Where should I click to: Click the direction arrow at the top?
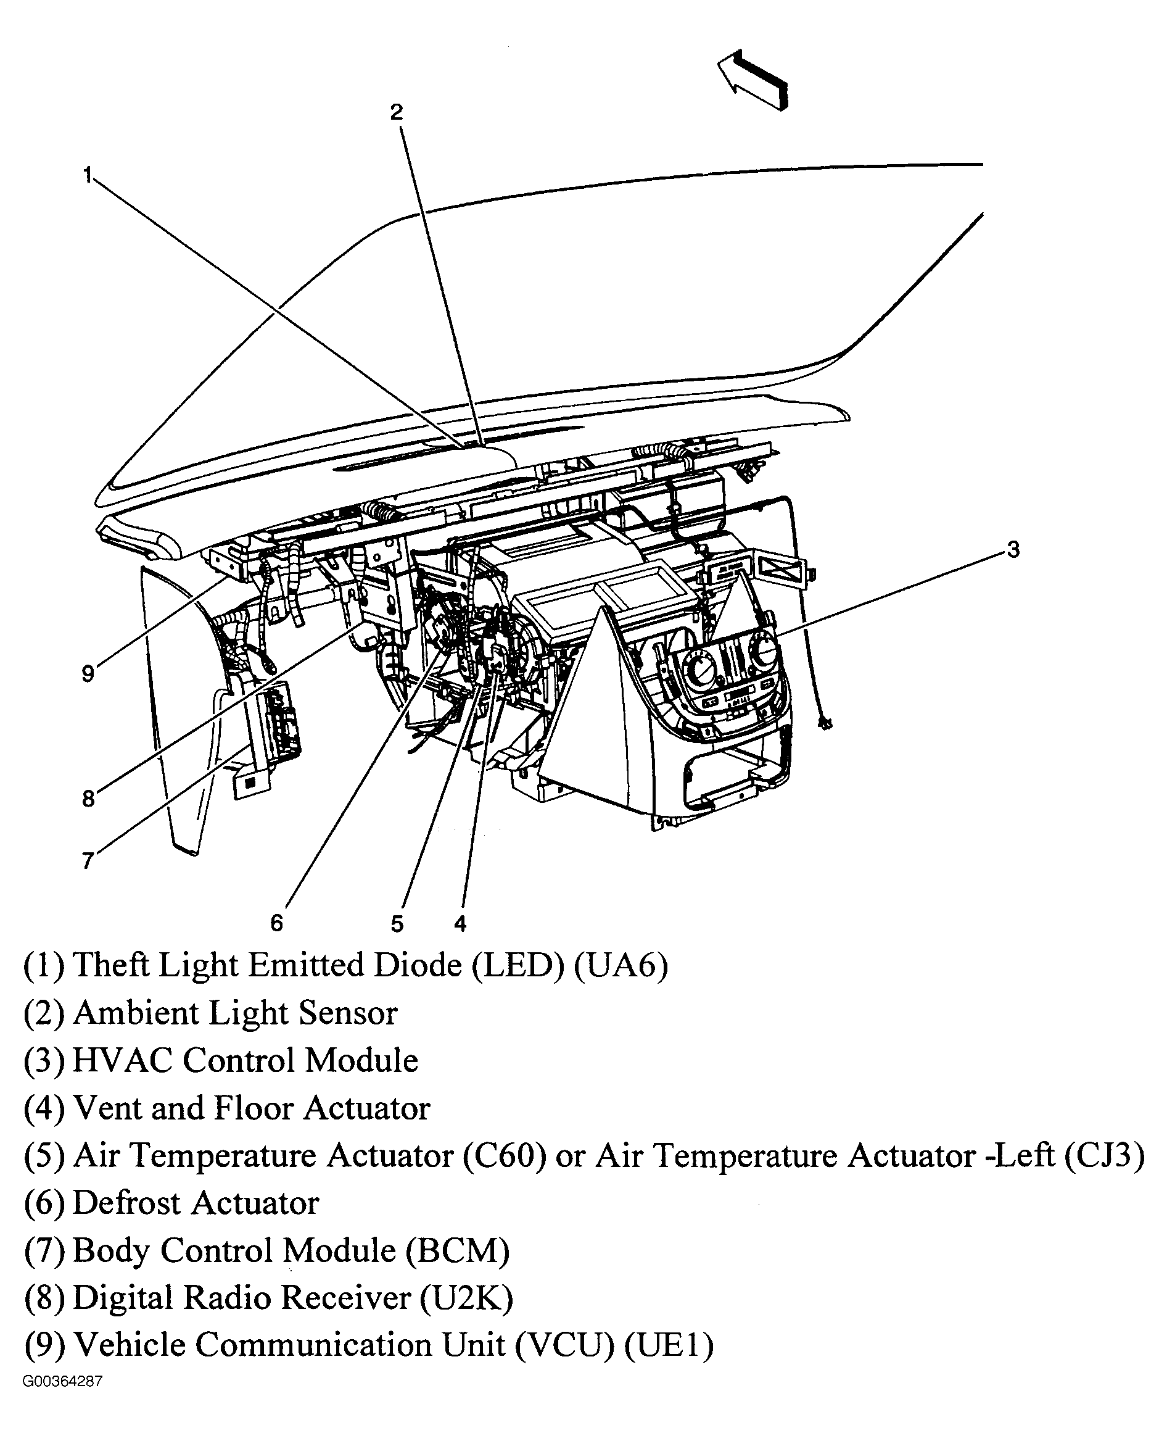click(753, 80)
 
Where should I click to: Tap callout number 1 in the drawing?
click(88, 175)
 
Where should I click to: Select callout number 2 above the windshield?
click(397, 112)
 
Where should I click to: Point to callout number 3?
click(1013, 549)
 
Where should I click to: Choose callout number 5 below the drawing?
click(397, 924)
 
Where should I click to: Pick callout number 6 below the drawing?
click(277, 923)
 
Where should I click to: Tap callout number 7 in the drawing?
click(88, 860)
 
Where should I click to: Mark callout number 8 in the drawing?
click(88, 798)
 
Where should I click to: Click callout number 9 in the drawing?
click(88, 673)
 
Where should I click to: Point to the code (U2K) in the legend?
click(466, 1298)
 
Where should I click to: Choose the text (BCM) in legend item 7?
click(457, 1250)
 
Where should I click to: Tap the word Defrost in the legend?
click(128, 1202)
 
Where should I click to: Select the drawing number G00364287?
click(62, 1381)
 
